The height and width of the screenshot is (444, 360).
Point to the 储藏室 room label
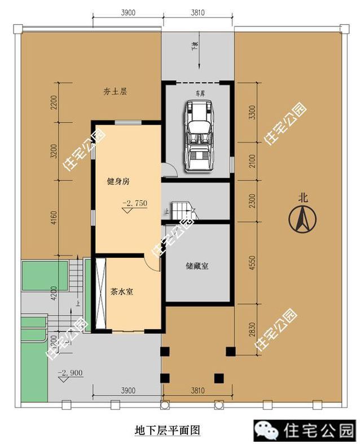pos(197,265)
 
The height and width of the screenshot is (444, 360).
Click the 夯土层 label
pos(115,91)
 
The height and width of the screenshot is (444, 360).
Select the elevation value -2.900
pos(67,373)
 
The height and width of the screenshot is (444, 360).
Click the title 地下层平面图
pos(168,430)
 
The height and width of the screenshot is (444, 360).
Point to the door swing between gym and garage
pos(166,169)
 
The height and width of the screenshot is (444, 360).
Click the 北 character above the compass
pos(303,197)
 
